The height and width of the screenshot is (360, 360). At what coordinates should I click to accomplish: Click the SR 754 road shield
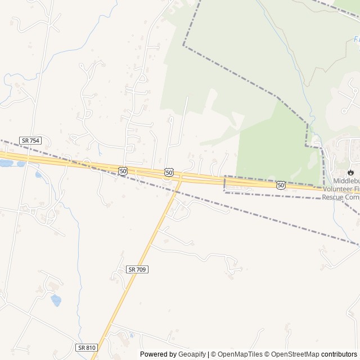pyautogui.click(x=30, y=140)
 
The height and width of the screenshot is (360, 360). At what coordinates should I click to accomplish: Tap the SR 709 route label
pyautogui.click(x=137, y=269)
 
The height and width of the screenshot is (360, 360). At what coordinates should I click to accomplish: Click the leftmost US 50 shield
pyautogui.click(x=123, y=170)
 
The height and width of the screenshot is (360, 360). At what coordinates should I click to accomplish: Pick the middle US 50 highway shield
pyautogui.click(x=169, y=172)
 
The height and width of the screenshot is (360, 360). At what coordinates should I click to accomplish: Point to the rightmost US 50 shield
pyautogui.click(x=281, y=184)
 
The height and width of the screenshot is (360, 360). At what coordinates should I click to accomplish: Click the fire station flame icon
pyautogui.click(x=351, y=172)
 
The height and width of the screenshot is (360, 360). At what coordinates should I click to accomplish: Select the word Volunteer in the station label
pyautogui.click(x=340, y=190)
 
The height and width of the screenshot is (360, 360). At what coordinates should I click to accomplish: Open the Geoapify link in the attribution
pyautogui.click(x=192, y=354)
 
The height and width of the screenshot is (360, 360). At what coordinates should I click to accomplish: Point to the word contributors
pyautogui.click(x=339, y=354)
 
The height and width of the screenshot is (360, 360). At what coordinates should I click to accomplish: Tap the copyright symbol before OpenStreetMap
pyautogui.click(x=267, y=354)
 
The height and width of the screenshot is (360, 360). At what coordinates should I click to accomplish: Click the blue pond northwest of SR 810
pyautogui.click(x=56, y=300)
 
